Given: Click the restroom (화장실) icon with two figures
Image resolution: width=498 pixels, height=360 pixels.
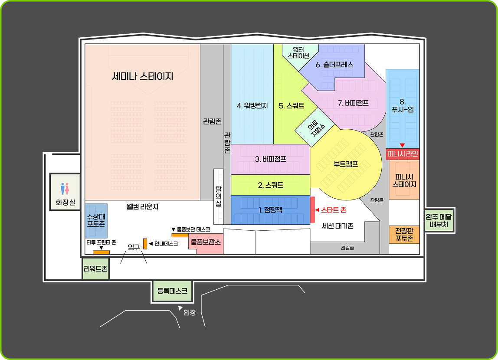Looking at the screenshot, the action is [65, 189].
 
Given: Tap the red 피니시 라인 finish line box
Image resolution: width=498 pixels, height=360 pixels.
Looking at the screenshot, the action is [403, 154].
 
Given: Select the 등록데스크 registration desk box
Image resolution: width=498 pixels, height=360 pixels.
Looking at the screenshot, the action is [172, 291].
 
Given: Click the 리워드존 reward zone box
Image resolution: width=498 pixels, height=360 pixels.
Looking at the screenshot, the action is [95, 269].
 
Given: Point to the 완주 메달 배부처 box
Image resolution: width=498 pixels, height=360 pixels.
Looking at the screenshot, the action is [439, 221].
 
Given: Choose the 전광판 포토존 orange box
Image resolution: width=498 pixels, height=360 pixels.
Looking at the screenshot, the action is [404, 235].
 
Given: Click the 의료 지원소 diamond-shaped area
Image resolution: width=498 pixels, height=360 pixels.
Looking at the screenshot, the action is [315, 128].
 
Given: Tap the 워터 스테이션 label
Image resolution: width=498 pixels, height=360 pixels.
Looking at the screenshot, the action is [298, 52].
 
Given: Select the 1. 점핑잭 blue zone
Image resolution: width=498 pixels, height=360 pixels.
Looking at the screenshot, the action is [270, 210].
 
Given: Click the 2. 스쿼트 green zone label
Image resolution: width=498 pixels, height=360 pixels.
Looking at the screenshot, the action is [270, 185].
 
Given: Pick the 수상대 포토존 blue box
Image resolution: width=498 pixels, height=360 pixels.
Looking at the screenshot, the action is [96, 221].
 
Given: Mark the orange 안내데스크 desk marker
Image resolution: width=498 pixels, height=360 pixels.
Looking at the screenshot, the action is [145, 244].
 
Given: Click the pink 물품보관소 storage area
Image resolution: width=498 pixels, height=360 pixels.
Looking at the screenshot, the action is [206, 243].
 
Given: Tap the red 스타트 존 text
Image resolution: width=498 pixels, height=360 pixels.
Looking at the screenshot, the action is [334, 209].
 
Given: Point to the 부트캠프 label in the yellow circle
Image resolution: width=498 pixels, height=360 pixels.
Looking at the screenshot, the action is [346, 164].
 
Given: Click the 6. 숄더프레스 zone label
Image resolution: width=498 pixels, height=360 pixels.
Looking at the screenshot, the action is [334, 65].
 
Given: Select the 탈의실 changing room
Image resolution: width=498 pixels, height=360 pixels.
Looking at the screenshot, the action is [219, 196].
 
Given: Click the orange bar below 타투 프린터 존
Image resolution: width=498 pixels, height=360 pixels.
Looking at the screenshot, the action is [102, 252].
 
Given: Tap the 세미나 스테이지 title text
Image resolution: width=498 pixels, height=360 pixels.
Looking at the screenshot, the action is [143, 76].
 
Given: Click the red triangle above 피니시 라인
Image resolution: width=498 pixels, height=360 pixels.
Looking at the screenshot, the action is [403, 145].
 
